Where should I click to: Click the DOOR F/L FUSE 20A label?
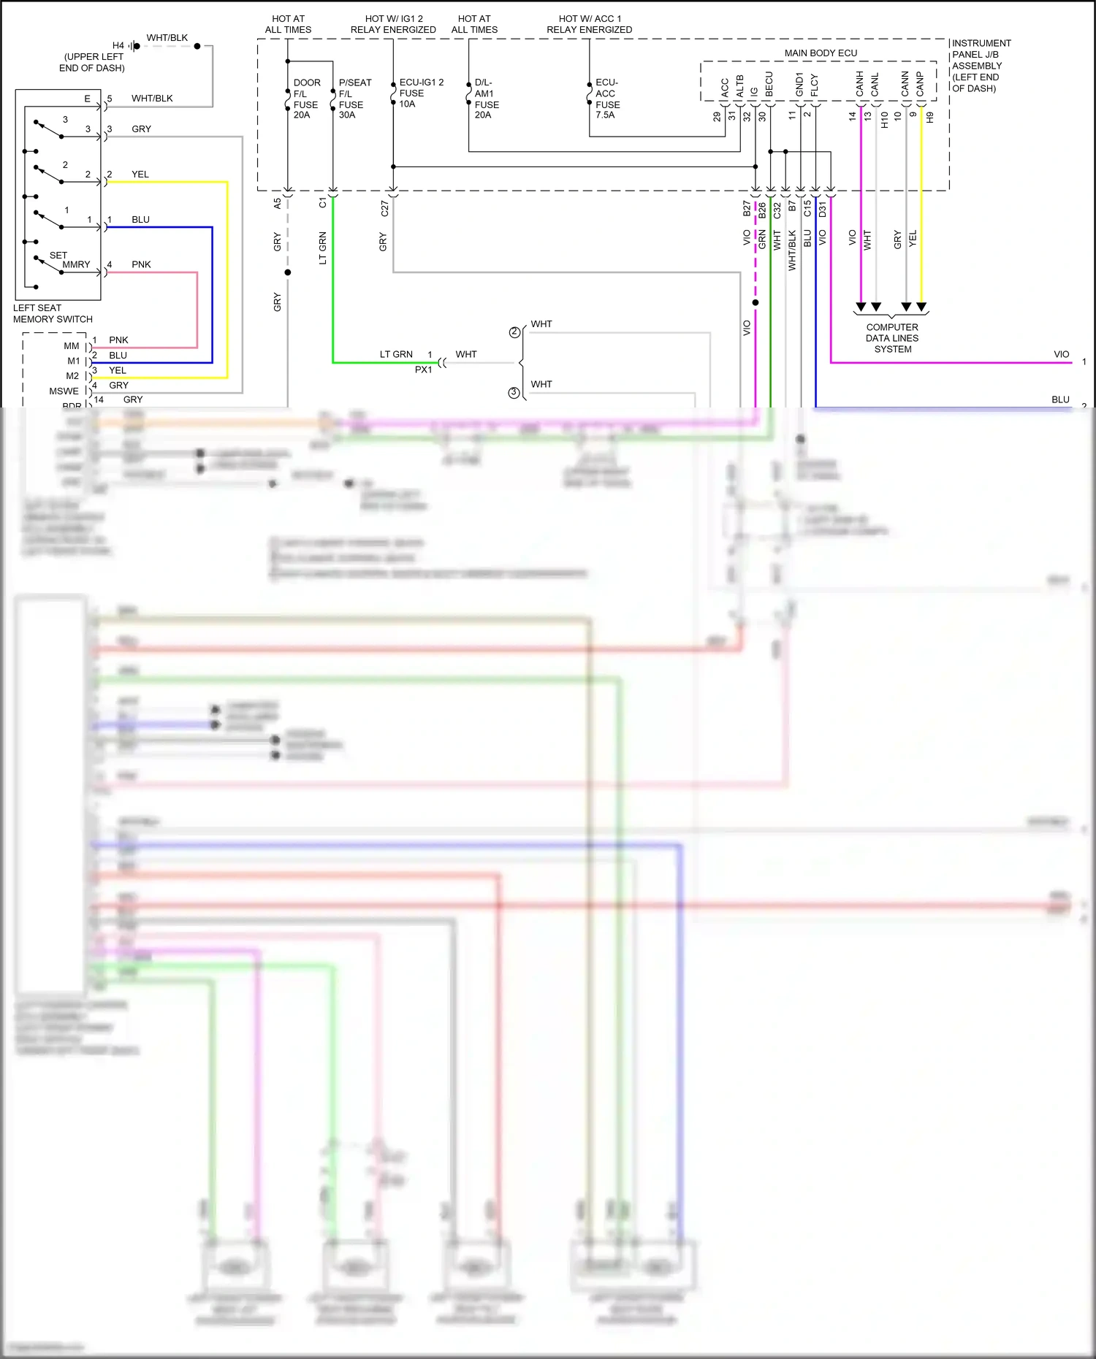[306, 99]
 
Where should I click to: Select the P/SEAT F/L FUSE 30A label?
[354, 99]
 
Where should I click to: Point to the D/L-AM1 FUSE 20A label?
[486, 99]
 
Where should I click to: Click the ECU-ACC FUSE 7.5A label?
[606, 99]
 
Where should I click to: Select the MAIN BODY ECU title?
[820, 53]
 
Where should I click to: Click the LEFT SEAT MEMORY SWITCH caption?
[53, 313]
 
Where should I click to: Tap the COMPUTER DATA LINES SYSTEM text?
[891, 338]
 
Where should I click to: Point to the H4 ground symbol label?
[118, 45]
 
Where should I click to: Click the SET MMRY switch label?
[70, 260]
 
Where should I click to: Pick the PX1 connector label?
[423, 370]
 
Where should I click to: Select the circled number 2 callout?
[514, 332]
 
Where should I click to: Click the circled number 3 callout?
[514, 393]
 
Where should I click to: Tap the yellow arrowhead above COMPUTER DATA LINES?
[921, 307]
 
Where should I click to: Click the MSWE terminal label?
[64, 391]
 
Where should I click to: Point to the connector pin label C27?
[384, 209]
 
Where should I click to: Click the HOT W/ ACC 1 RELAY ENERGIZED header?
[589, 24]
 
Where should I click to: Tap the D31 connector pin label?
[822, 209]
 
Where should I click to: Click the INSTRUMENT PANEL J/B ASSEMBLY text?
[981, 66]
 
